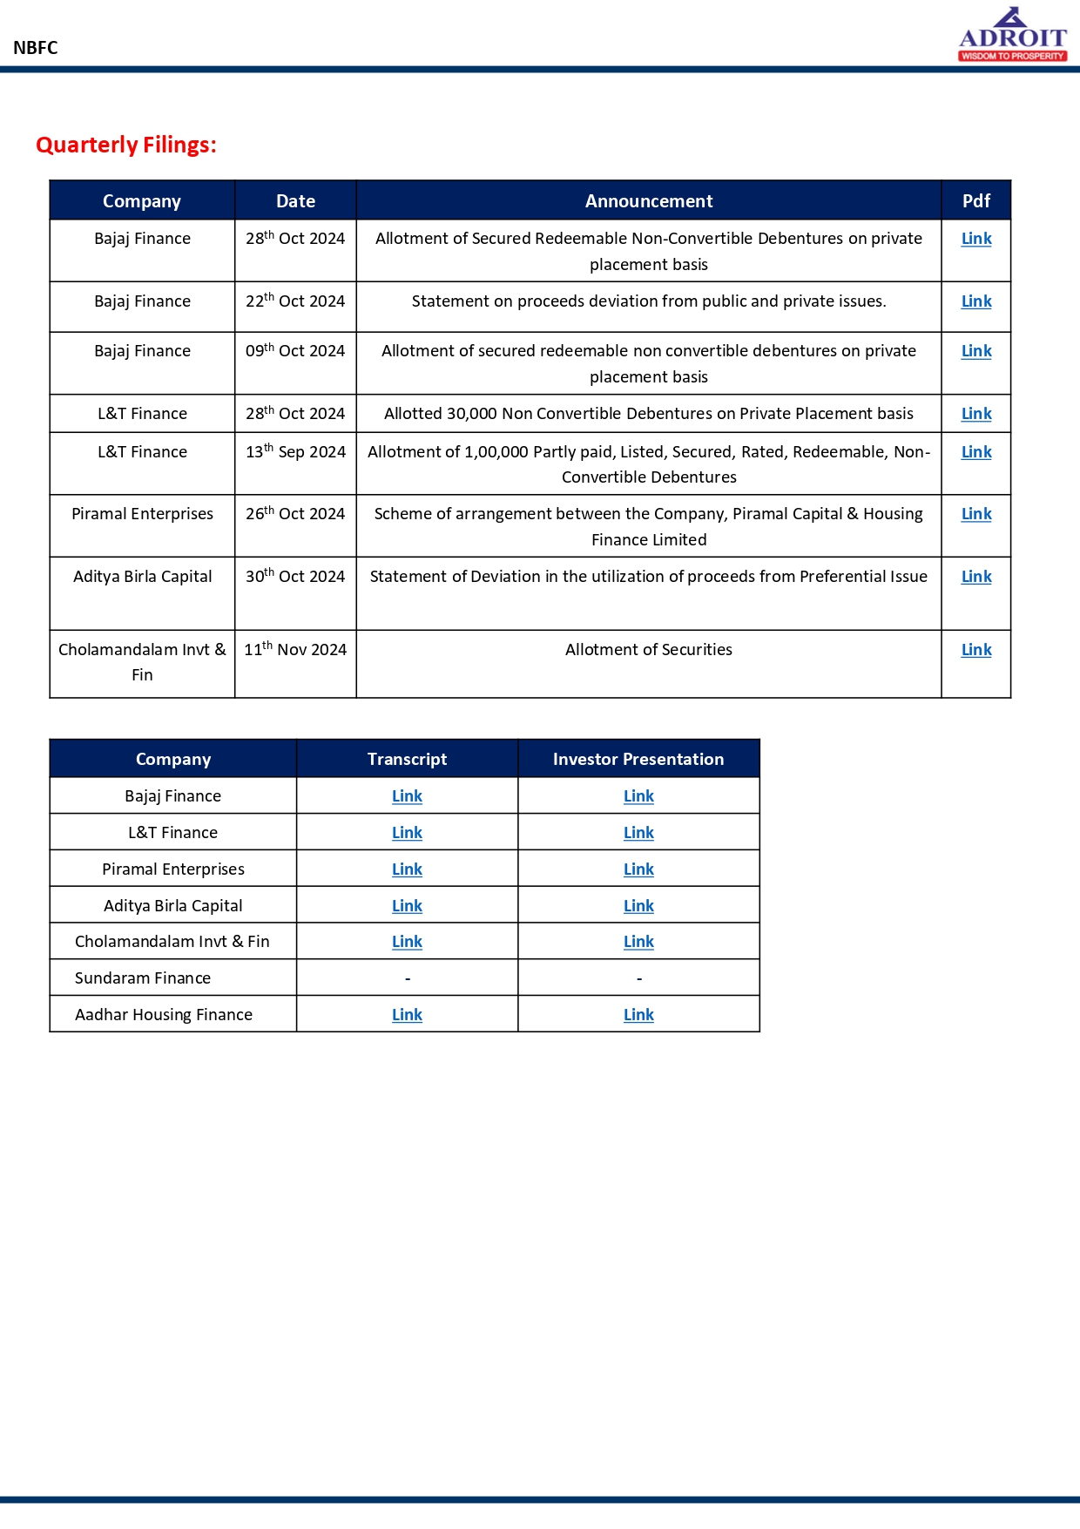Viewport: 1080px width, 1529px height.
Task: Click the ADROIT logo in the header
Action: pyautogui.click(x=1012, y=36)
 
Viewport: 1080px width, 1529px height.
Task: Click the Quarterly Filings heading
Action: pyautogui.click(x=126, y=145)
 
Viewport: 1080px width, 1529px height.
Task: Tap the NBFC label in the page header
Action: pyautogui.click(x=36, y=48)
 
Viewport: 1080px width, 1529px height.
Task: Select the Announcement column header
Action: pyautogui.click(x=648, y=201)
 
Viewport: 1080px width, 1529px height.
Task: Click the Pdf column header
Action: pyautogui.click(x=975, y=201)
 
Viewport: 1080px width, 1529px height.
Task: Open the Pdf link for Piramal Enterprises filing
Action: pyautogui.click(x=975, y=514)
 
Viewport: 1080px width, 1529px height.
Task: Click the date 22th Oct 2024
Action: pyautogui.click(x=295, y=301)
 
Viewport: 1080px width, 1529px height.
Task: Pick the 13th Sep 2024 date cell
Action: pyautogui.click(x=295, y=452)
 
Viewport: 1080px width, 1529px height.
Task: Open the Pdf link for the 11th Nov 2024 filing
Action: pyautogui.click(x=975, y=650)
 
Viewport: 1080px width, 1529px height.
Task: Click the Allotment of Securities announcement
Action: pyautogui.click(x=648, y=650)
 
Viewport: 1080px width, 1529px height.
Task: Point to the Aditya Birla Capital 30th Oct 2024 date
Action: pyautogui.click(x=295, y=577)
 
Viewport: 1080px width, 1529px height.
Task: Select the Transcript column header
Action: pyautogui.click(x=407, y=759)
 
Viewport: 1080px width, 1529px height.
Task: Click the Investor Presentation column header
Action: pyautogui.click(x=638, y=759)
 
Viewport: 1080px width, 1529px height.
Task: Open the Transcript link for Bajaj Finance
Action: pyautogui.click(x=407, y=796)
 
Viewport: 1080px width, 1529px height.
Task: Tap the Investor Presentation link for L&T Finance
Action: pyautogui.click(x=638, y=833)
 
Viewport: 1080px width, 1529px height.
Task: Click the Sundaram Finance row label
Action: pyautogui.click(x=143, y=978)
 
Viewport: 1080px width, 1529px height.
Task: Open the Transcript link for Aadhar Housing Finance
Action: pyautogui.click(x=407, y=1015)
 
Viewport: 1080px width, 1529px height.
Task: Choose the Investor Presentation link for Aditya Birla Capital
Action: pyautogui.click(x=638, y=906)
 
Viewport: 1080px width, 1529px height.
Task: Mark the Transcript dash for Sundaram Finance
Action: pyautogui.click(x=408, y=979)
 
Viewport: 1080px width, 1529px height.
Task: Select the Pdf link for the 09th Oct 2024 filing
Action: pyautogui.click(x=975, y=351)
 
